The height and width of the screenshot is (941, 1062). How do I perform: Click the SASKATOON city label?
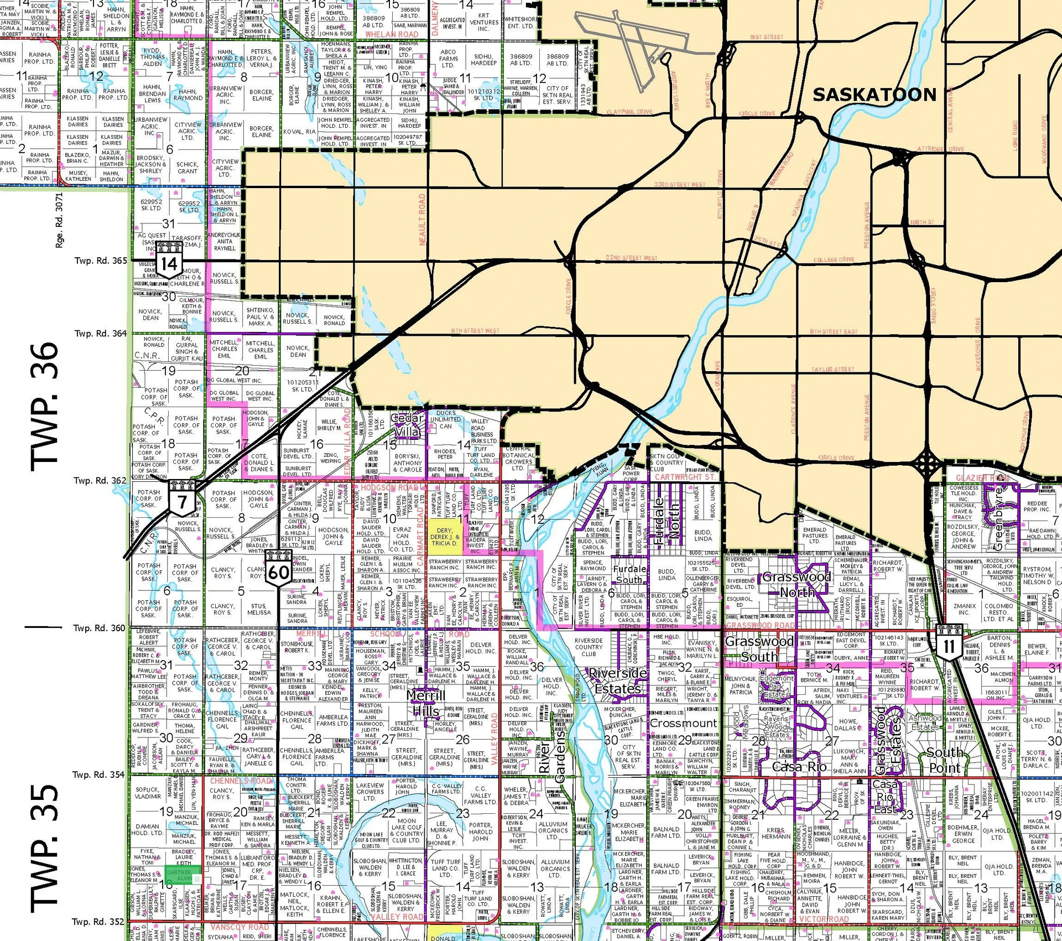(x=874, y=95)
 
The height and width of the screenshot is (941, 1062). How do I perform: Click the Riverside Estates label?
(x=618, y=681)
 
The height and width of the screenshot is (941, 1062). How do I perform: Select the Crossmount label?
(x=683, y=723)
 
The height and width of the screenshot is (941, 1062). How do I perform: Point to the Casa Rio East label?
(x=885, y=797)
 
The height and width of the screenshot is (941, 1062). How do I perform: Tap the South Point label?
(x=945, y=760)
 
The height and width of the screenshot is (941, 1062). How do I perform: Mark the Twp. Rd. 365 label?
(x=101, y=261)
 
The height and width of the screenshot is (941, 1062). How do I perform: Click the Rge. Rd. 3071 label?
(x=59, y=220)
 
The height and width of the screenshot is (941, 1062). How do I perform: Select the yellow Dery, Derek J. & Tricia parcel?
(x=445, y=536)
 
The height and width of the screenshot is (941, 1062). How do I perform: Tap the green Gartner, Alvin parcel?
(x=179, y=875)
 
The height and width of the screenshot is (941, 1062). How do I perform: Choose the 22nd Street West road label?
(x=631, y=258)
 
